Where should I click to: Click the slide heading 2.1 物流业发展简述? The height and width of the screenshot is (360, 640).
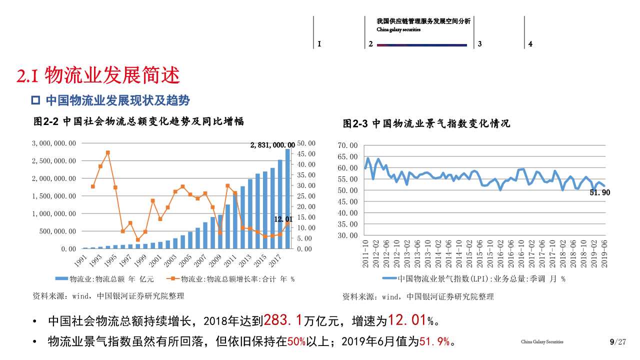coord(98,76)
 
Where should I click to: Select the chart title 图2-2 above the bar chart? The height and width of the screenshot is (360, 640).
coord(138,121)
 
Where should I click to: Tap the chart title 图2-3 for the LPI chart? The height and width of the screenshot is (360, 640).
coord(426,123)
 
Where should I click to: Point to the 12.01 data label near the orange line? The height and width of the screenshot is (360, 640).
coord(283,219)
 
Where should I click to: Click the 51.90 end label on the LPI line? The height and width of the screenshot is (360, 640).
coord(600,192)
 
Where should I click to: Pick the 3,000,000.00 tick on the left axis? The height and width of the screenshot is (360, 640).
coord(54,143)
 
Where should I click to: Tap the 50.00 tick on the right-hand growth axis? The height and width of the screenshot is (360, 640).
coord(306,143)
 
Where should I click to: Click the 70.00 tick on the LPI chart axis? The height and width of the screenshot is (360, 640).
coord(347,145)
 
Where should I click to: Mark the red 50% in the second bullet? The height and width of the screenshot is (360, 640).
coord(296,342)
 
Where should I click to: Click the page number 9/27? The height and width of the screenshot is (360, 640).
coord(618,342)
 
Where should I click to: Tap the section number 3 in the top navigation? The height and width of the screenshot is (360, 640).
coord(479,44)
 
